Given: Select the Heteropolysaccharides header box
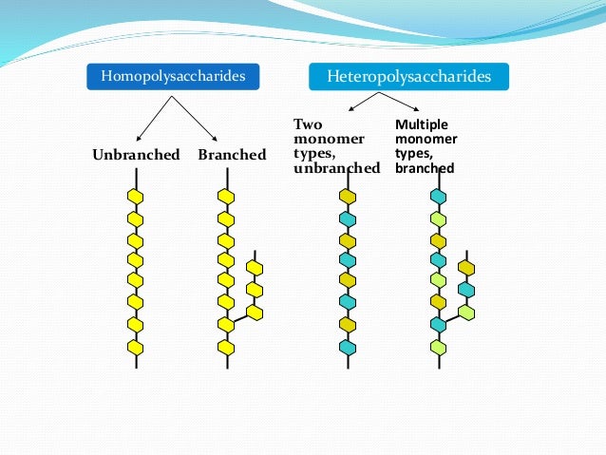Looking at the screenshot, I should (408, 76).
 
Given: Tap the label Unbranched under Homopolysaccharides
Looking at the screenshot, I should (136, 155).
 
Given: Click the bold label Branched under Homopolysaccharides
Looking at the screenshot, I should (232, 155).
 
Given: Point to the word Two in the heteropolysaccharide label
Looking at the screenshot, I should (309, 124).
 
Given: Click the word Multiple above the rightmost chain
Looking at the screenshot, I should (422, 124).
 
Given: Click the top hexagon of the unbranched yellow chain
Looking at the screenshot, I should (135, 197).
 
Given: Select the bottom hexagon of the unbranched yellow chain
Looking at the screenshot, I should (135, 347).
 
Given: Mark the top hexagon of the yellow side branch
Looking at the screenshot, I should (254, 268).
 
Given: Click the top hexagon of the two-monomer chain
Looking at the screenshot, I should (348, 197).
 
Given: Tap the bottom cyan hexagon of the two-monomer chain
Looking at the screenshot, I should (348, 347).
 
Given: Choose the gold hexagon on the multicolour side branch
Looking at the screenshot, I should (465, 268).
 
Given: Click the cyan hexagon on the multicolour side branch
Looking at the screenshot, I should (465, 290).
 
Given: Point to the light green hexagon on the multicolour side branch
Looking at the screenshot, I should (465, 312).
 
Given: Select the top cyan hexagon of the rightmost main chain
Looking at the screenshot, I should (438, 197).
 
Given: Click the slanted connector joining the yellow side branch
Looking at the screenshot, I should (240, 319).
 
